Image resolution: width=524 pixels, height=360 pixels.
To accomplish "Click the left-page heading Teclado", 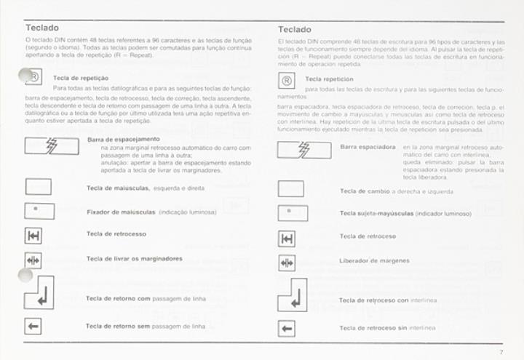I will tap(41, 28).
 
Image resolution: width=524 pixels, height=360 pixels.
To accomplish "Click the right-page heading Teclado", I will tap(295, 30).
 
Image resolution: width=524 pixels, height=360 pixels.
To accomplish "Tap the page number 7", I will tap(501, 352).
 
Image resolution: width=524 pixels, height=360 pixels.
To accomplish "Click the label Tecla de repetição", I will tap(81, 78).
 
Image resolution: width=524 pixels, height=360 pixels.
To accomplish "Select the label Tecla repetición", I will tap(329, 79).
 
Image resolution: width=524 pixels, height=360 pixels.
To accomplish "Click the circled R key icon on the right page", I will tap(287, 81).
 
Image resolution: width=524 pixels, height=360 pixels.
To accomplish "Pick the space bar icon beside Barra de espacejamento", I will tap(52, 145).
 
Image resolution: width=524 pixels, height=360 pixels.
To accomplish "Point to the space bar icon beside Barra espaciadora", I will tap(304, 150).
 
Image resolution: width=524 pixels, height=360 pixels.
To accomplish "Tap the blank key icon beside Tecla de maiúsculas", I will tap(38, 187).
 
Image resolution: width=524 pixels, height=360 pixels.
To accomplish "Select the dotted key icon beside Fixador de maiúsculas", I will tap(39, 211).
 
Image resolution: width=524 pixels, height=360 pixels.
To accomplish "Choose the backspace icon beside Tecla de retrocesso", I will tap(33, 236).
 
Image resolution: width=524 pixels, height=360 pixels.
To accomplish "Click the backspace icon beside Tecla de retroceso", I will tap(287, 239).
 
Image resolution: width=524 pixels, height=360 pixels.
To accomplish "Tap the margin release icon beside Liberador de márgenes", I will tap(287, 263).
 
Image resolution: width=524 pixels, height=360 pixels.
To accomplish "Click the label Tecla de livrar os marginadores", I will tap(134, 258).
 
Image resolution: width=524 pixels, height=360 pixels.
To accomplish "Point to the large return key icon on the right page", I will tap(292, 295).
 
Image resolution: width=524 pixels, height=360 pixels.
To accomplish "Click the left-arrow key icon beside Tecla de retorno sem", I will tap(33, 326).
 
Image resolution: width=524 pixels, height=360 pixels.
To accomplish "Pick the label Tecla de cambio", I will tap(365, 191).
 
